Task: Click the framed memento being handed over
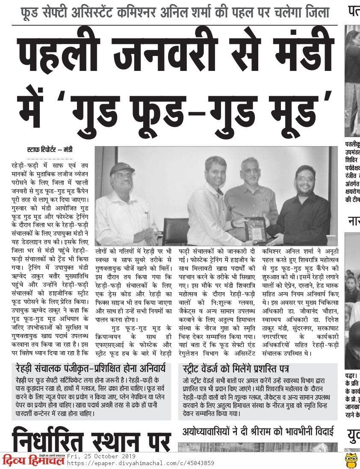click(257, 230)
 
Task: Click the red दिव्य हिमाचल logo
click(33, 460)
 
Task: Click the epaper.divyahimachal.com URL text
click(141, 463)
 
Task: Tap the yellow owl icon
click(351, 460)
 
